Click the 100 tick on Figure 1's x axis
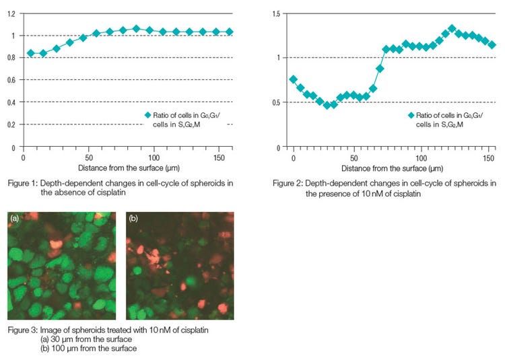click(x=154, y=157)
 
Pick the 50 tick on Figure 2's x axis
click(x=358, y=157)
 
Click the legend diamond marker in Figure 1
click(x=148, y=115)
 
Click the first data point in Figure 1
click(x=30, y=53)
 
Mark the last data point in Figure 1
click(x=229, y=32)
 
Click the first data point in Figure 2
click(x=293, y=79)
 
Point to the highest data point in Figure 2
click(x=452, y=29)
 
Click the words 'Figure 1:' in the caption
click(x=22, y=182)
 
